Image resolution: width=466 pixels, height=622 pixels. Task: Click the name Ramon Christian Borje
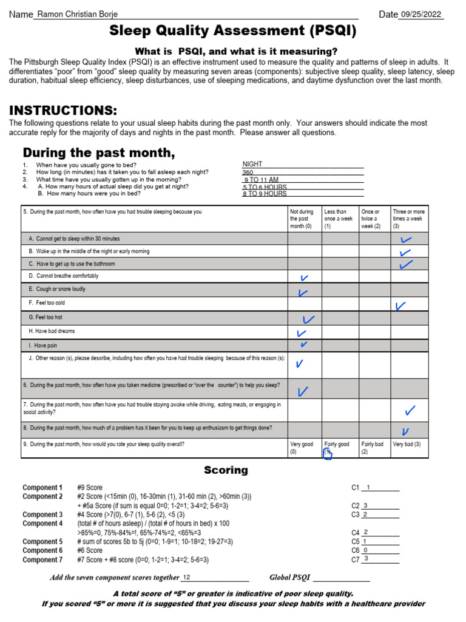click(78, 15)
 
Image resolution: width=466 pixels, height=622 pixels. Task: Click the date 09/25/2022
click(420, 15)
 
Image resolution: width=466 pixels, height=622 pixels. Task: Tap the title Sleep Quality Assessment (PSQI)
click(232, 31)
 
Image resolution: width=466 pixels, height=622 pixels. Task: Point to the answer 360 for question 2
click(248, 172)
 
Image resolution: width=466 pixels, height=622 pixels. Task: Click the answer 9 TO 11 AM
click(261, 180)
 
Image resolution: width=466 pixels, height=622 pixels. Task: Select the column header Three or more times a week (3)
click(409, 219)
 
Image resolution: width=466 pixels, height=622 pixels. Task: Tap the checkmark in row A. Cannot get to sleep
click(406, 240)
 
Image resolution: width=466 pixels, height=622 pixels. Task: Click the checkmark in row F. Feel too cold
click(400, 306)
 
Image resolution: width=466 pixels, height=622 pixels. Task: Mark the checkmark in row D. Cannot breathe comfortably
click(305, 278)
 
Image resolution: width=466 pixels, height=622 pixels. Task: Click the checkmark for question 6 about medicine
click(303, 390)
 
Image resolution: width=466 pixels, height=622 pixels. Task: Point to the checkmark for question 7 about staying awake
click(410, 411)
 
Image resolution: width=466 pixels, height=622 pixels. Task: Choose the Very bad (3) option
click(407, 445)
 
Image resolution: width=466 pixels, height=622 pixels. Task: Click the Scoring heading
click(226, 470)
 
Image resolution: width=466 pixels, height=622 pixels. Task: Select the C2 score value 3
click(365, 505)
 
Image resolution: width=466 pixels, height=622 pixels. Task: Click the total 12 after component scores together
click(187, 578)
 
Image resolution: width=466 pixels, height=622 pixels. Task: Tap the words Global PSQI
click(289, 578)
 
